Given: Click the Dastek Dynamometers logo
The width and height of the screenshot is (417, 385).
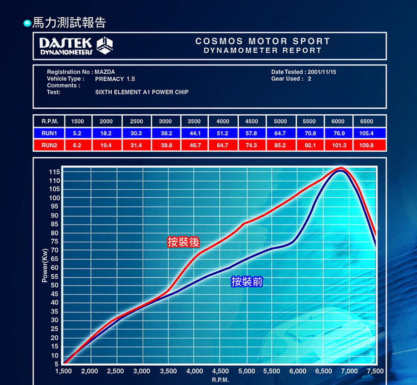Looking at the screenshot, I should coord(77,46).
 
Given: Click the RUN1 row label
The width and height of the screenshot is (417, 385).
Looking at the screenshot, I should coord(49,133).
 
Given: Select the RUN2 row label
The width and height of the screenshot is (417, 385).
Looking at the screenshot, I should coord(49,146).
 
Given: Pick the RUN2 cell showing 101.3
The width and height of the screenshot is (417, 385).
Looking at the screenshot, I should coord(338,146).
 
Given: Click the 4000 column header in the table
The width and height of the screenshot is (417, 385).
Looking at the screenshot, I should coord(223,122).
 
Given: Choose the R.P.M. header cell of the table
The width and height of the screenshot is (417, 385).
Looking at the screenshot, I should coord(49,122).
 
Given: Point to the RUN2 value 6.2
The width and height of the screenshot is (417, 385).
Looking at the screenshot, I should coord(77,146).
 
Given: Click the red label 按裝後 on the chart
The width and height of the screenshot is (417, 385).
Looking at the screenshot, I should coord(183,242).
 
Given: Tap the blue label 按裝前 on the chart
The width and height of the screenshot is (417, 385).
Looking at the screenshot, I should coord(247,282).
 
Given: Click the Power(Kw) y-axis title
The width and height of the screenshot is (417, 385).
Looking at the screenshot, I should coord(44,265).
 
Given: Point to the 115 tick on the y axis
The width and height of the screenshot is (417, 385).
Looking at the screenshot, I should coord(54,172).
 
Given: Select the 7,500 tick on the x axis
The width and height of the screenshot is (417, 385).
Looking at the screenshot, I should coord(375,371).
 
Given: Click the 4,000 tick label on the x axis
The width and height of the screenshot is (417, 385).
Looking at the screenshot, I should coord(194,371).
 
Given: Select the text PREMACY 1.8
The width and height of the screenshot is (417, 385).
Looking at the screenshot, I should coord(115,79).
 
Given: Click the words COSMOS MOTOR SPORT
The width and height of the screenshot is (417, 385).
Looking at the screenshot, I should coord(262,41).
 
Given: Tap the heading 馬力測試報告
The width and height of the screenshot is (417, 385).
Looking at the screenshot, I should coord(69,23).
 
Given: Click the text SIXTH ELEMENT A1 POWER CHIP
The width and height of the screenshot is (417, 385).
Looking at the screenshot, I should coord(142,92).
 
